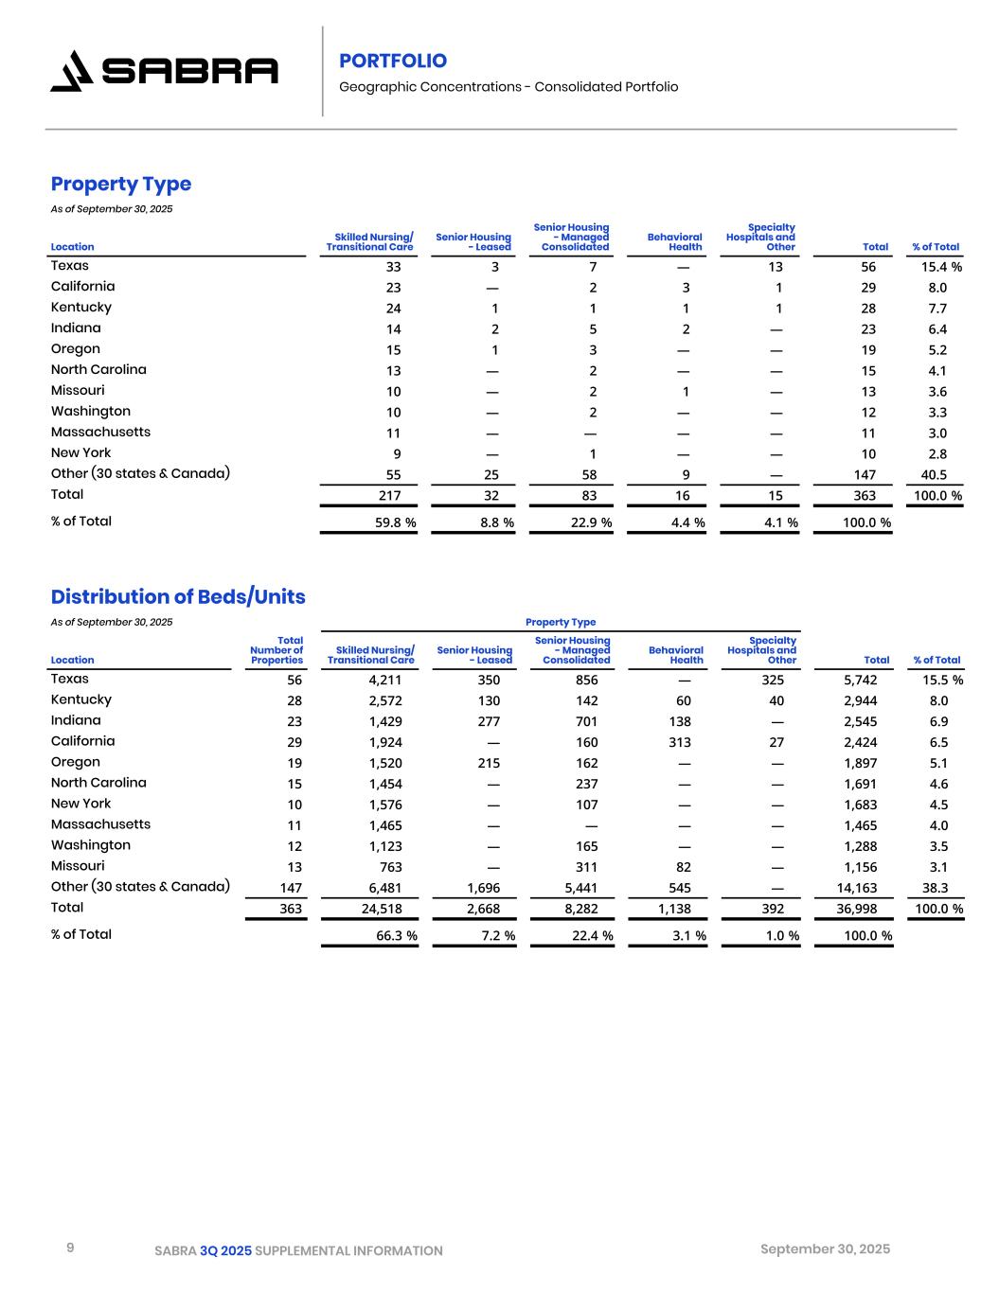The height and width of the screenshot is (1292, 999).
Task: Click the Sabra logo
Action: [164, 71]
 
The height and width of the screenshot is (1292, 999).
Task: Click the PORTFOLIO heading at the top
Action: [393, 61]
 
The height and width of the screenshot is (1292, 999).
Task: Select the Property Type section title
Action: [121, 184]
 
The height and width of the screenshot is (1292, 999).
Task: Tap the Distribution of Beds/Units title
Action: [178, 596]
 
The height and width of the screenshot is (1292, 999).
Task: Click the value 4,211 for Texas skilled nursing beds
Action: [385, 680]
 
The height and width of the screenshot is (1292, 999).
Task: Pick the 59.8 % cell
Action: [395, 522]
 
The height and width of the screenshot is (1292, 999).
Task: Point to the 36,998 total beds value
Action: [859, 909]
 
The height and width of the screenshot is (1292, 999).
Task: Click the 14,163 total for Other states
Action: [859, 888]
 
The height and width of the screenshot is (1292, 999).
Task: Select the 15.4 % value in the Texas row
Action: [941, 267]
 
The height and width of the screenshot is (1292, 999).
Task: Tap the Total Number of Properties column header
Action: [277, 650]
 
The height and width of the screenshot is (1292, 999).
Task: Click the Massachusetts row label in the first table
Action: [100, 432]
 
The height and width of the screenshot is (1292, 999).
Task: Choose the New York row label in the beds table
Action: [80, 804]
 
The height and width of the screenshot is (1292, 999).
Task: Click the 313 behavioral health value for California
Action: [679, 742]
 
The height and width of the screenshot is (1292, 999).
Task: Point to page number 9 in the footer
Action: [70, 1248]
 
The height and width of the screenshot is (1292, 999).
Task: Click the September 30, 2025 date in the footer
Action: [825, 1249]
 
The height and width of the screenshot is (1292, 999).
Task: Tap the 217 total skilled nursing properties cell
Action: [389, 495]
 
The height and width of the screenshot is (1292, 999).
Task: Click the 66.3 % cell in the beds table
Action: [396, 936]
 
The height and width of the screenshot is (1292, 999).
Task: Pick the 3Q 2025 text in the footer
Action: [226, 1250]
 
